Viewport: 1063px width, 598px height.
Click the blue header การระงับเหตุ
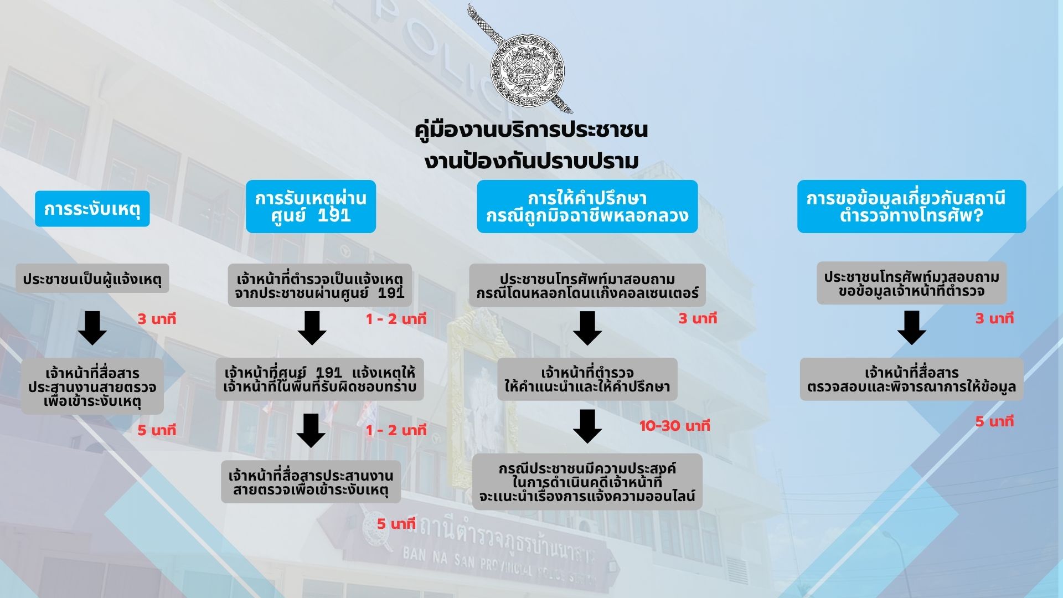tap(92, 209)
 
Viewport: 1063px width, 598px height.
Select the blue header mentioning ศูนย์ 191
tap(311, 207)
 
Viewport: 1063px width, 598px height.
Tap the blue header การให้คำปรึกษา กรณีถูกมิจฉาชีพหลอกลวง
tap(587, 207)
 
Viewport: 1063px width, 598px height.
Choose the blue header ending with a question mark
tap(911, 207)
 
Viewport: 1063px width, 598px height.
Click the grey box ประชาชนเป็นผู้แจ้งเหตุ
tap(92, 279)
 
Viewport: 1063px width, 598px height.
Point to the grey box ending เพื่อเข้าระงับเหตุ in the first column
tap(92, 386)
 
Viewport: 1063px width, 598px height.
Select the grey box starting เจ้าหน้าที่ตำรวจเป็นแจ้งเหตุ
tap(320, 285)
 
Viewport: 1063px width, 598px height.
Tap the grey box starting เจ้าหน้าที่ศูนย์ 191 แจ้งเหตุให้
tap(320, 379)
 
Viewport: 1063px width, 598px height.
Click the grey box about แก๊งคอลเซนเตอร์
tap(587, 285)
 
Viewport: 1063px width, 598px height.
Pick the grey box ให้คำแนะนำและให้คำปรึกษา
tap(587, 379)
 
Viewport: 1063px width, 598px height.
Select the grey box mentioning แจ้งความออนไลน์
tap(587, 482)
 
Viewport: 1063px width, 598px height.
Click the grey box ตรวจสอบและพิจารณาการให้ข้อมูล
tap(911, 379)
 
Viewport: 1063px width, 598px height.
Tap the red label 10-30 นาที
tap(674, 426)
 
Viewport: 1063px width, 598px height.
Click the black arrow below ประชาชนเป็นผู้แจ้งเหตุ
tap(92, 328)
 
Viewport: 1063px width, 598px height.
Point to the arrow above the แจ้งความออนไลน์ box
tap(587, 426)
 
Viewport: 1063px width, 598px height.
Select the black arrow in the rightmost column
tap(911, 328)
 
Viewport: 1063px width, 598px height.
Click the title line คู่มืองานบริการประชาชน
tap(531, 130)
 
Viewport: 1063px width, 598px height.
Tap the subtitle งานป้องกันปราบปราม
tap(531, 161)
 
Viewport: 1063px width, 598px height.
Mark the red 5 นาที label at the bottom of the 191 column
tap(396, 524)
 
